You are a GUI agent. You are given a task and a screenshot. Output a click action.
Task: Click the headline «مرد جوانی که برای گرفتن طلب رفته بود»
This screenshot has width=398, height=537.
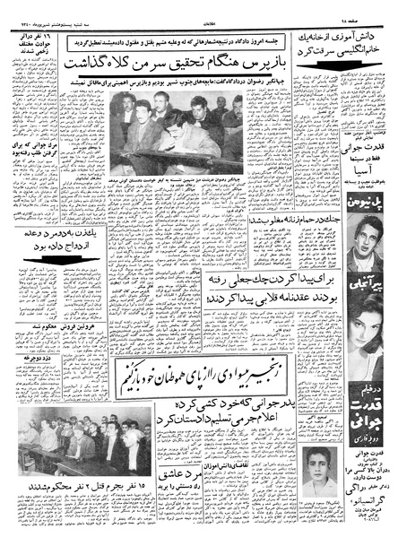click(x=31, y=148)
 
